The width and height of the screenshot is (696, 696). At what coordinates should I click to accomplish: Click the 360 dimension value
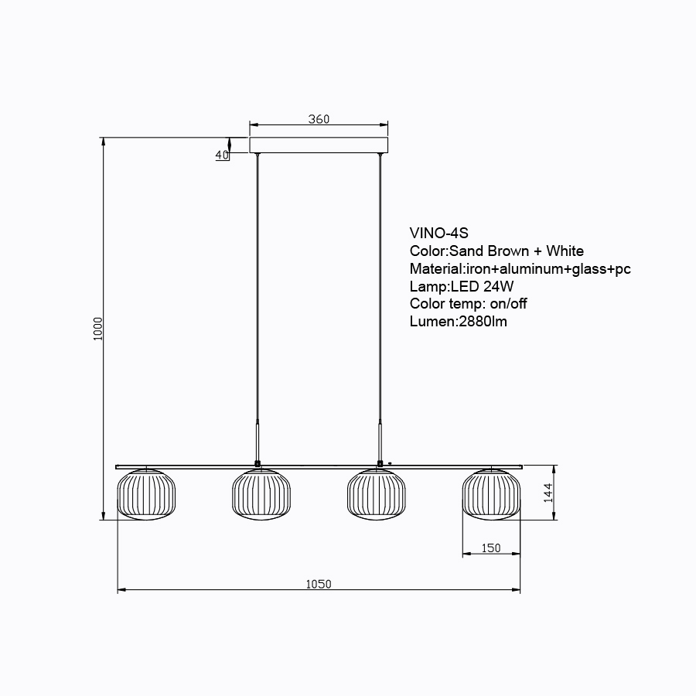(319, 119)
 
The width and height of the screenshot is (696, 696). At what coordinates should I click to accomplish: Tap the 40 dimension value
(222, 155)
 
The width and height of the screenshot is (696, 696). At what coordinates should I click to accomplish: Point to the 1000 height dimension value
(97, 329)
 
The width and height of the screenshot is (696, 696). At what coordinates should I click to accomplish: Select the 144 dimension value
(548, 493)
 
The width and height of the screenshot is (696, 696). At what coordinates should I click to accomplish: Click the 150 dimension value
(491, 548)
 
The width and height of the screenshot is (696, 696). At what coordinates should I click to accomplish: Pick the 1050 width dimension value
(319, 584)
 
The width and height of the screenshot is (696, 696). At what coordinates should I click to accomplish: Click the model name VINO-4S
(438, 233)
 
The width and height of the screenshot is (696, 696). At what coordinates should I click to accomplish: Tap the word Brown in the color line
(508, 251)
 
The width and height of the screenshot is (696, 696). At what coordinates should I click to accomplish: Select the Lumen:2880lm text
(458, 322)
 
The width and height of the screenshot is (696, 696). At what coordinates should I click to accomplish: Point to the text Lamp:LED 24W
(462, 286)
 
